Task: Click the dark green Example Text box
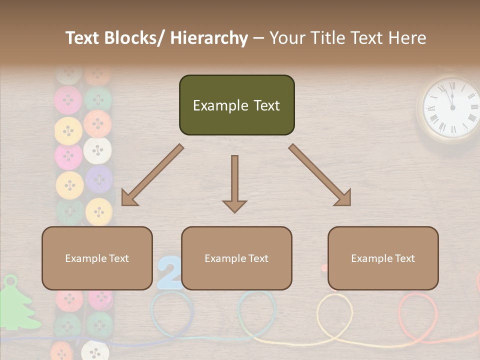(x=236, y=105)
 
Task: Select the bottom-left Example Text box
(x=97, y=258)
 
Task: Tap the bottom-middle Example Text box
(x=236, y=258)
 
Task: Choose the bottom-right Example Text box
(x=383, y=258)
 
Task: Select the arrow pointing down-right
(x=320, y=175)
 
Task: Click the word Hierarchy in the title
(x=209, y=38)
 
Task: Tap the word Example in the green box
(x=213, y=105)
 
